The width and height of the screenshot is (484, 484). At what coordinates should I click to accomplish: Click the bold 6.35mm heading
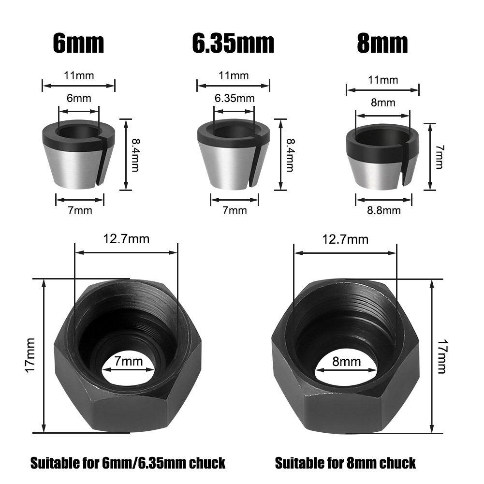click(233, 44)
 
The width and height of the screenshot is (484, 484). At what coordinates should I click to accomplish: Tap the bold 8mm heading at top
click(382, 44)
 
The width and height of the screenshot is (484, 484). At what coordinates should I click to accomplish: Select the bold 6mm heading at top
click(78, 44)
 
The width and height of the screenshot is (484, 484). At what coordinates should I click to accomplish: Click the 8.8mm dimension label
click(384, 210)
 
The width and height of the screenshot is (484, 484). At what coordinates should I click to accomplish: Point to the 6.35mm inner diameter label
click(235, 98)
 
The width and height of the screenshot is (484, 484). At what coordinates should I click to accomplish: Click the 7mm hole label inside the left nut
click(129, 361)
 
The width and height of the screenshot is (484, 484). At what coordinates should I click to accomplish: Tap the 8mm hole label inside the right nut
click(346, 361)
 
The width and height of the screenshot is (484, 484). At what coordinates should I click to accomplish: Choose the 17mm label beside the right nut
click(441, 356)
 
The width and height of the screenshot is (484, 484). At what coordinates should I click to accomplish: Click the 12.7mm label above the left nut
click(126, 238)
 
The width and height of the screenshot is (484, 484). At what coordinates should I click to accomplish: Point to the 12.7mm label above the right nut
click(345, 239)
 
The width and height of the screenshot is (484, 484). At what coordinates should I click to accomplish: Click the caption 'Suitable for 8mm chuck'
click(345, 463)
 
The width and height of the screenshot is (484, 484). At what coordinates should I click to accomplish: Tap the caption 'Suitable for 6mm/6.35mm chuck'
click(128, 463)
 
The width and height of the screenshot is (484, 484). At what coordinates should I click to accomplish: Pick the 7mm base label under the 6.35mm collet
click(235, 210)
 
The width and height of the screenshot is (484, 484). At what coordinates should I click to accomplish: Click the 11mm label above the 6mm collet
click(79, 75)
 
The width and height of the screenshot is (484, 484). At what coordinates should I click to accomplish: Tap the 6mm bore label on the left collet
click(78, 98)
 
